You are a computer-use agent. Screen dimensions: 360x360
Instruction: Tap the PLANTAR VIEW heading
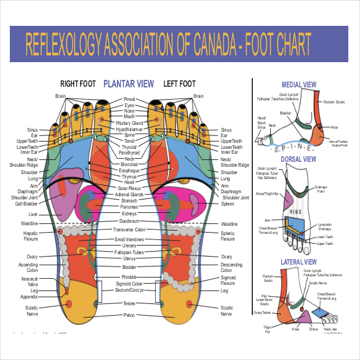(x=129, y=84)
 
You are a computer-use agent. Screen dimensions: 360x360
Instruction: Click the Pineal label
(x=129, y=99)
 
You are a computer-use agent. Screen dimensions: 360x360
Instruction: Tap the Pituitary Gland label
(x=129, y=123)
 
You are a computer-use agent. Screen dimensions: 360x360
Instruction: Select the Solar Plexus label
(x=129, y=188)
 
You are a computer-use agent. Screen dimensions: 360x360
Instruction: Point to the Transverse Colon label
(x=129, y=230)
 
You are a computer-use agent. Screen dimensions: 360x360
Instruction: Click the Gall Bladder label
(x=28, y=204)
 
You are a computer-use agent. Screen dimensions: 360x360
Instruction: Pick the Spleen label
(x=228, y=204)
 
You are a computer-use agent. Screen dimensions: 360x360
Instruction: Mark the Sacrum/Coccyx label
(x=129, y=289)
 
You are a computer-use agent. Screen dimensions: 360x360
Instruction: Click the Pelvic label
(x=129, y=315)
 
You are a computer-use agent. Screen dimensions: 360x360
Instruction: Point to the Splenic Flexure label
(x=228, y=235)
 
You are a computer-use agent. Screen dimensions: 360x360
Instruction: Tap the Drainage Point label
(x=321, y=189)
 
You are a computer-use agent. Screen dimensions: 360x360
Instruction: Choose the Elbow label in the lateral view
(x=313, y=329)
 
